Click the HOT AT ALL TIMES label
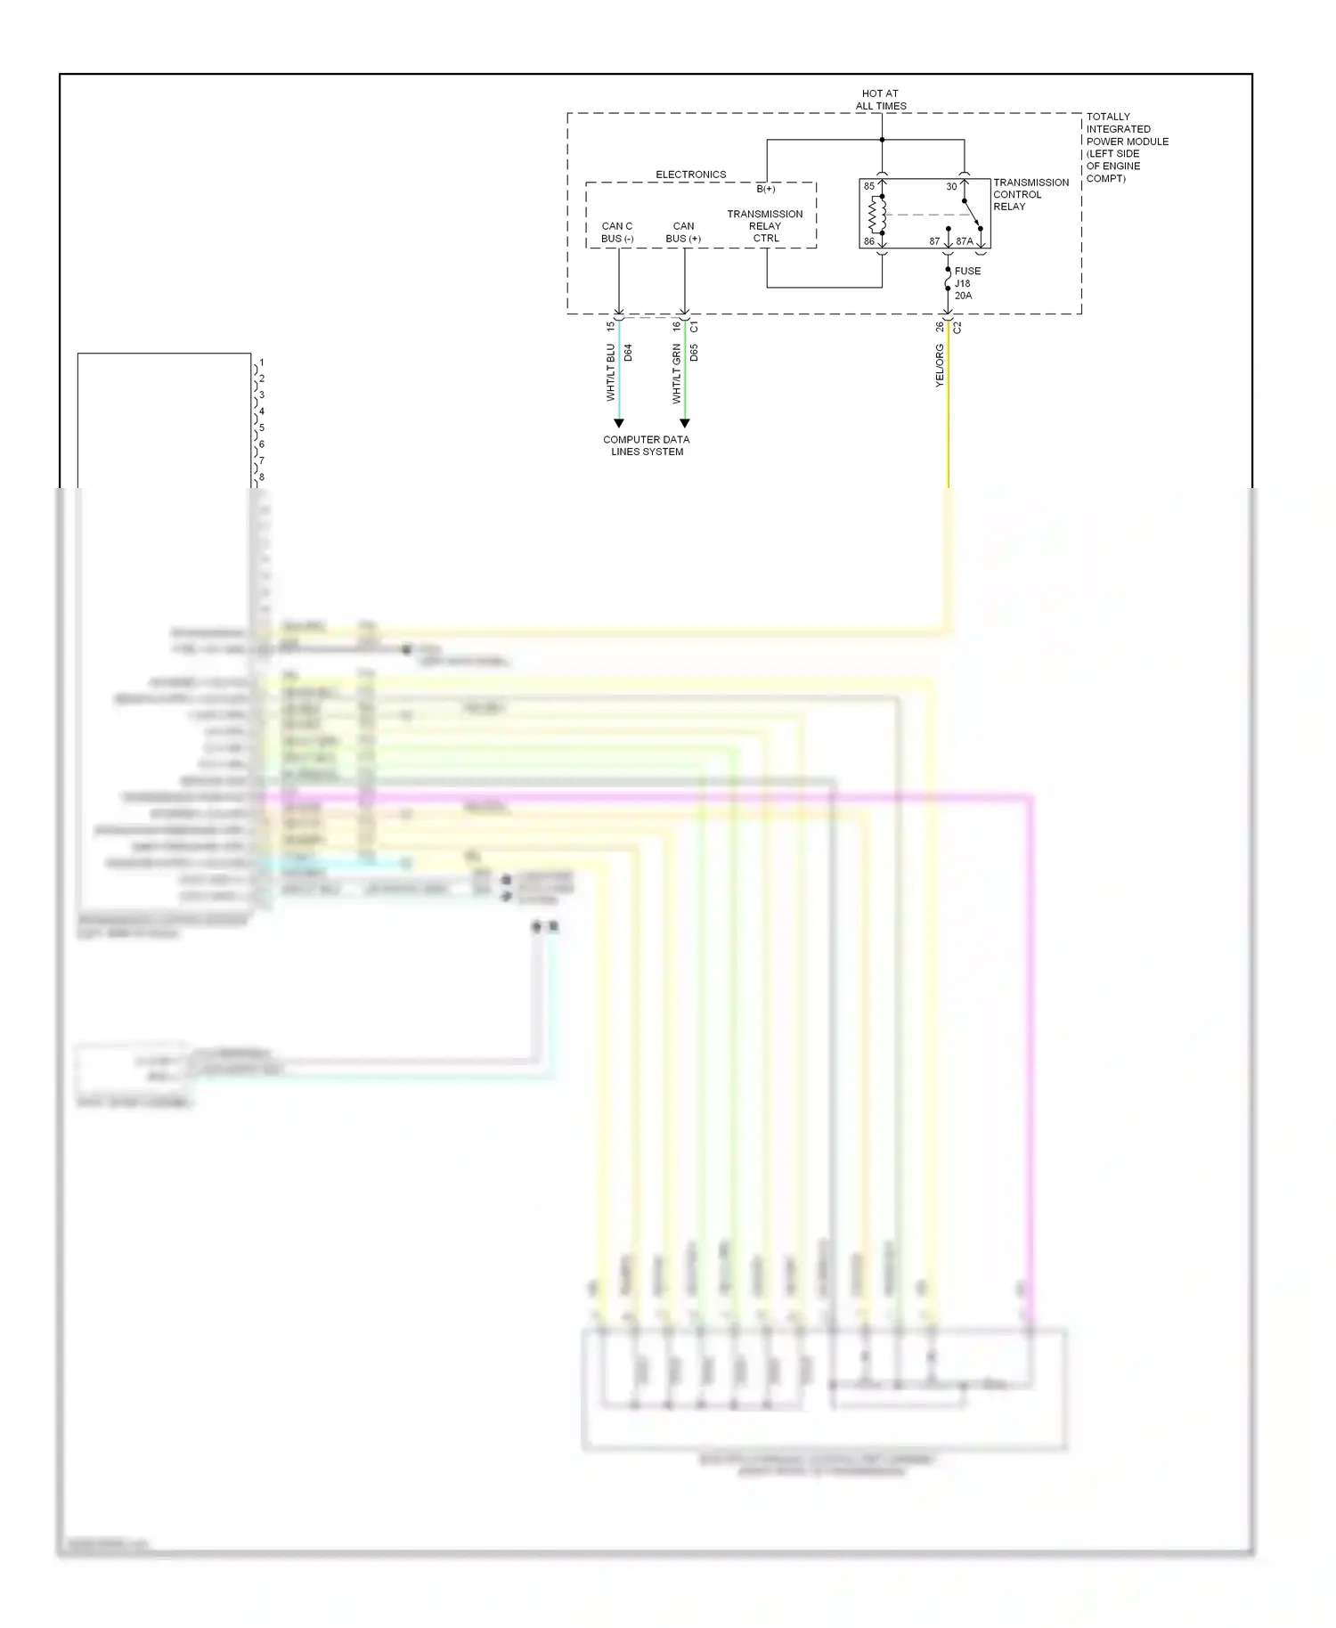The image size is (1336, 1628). pyautogui.click(x=880, y=99)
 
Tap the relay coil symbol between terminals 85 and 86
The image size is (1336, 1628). pyautogui.click(x=878, y=214)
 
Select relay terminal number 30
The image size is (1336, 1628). pyautogui.click(x=951, y=186)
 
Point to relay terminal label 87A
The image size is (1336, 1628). pyautogui.click(x=965, y=241)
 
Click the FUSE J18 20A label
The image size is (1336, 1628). pyautogui.click(x=966, y=283)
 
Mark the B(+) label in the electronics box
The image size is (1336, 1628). pyautogui.click(x=766, y=189)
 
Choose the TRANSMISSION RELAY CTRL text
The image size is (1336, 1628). pyautogui.click(x=765, y=226)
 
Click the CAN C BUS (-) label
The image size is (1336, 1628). pyautogui.click(x=616, y=232)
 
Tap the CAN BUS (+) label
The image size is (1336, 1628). pyautogui.click(x=683, y=232)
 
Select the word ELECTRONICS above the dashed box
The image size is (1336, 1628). pyautogui.click(x=690, y=175)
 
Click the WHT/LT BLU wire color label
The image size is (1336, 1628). pyautogui.click(x=611, y=371)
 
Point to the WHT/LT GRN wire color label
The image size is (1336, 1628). pyautogui.click(x=677, y=374)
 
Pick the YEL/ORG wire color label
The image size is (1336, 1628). pyautogui.click(x=939, y=365)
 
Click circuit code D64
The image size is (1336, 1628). pyautogui.click(x=628, y=353)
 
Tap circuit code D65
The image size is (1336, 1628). pyautogui.click(x=694, y=353)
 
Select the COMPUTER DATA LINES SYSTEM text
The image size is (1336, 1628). pyautogui.click(x=646, y=445)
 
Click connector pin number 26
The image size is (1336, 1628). pyautogui.click(x=940, y=327)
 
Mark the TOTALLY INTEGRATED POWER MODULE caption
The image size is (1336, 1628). pyautogui.click(x=1127, y=147)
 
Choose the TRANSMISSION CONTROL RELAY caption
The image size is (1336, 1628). pyautogui.click(x=1031, y=194)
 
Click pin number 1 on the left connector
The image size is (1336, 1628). pyautogui.click(x=261, y=362)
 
